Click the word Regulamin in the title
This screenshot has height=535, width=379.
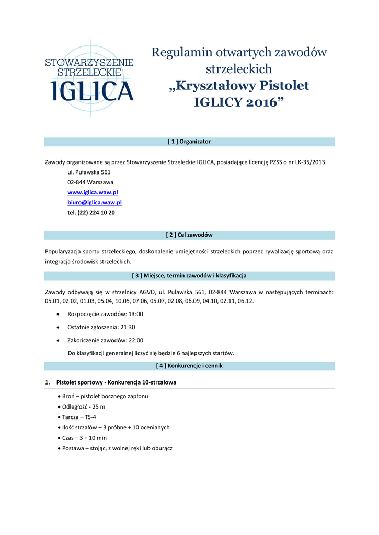179,53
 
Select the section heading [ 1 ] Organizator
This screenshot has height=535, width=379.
189,142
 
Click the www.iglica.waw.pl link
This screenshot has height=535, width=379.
93,192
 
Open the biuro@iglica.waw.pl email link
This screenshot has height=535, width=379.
95,202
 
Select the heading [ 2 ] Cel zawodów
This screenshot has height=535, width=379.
189,235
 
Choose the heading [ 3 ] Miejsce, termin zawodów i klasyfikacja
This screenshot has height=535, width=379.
189,275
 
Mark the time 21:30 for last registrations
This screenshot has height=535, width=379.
128,327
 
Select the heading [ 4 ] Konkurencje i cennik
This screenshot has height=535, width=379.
189,366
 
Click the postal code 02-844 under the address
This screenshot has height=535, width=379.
76,182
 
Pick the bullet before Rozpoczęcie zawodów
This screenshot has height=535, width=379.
58,315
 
